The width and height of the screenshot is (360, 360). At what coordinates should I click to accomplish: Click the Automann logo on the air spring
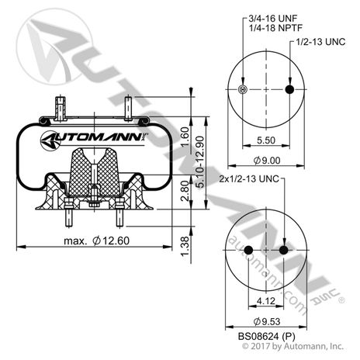(103, 140)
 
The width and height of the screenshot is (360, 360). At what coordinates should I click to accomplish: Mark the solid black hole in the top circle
(290, 91)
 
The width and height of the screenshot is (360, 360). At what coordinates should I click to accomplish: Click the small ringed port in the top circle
(244, 91)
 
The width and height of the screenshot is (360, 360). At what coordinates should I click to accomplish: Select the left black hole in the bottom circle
(250, 251)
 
